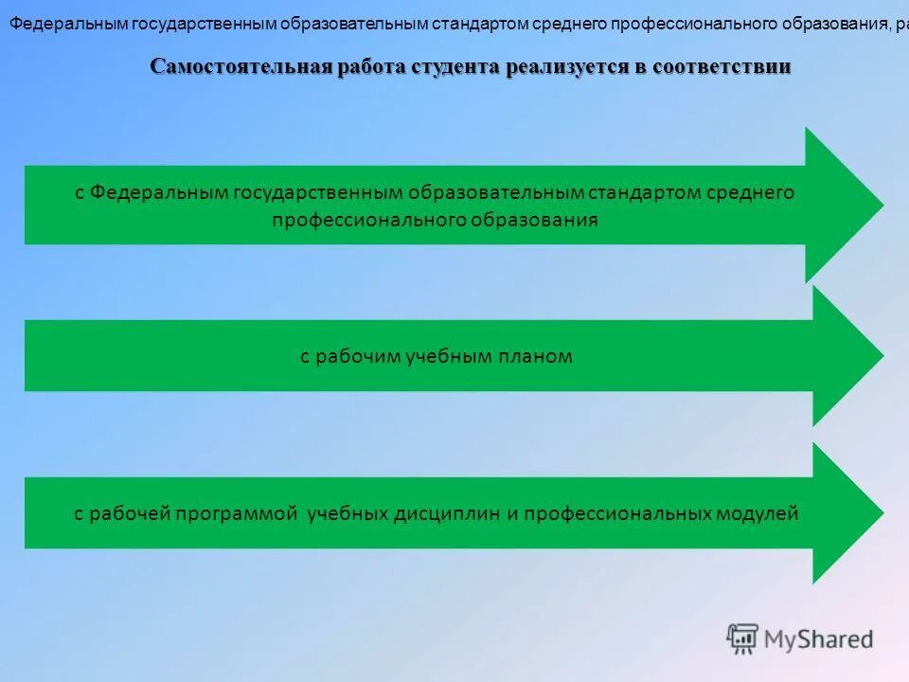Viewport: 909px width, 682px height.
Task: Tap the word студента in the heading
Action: click(455, 66)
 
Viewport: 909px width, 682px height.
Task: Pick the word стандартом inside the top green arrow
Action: click(644, 193)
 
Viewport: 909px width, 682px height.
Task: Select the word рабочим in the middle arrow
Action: click(359, 357)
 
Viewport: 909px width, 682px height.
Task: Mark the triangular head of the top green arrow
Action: click(838, 205)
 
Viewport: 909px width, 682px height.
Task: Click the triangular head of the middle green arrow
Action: click(843, 356)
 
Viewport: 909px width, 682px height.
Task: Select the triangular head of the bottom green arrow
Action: click(843, 513)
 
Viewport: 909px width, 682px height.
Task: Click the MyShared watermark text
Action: click(818, 639)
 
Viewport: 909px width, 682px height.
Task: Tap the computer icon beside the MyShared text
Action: click(743, 638)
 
